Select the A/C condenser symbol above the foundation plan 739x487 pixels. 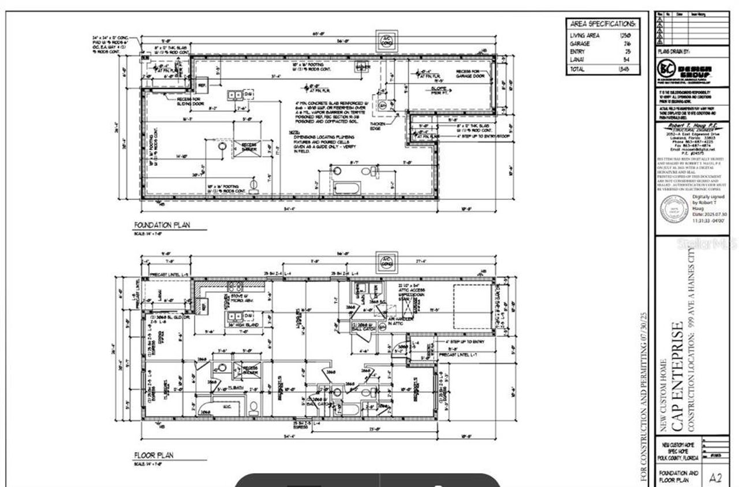(x=386, y=40)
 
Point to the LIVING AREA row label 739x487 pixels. (x=585, y=35)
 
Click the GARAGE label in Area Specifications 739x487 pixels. (x=580, y=43)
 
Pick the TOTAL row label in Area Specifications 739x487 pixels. (x=578, y=69)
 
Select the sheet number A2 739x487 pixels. (x=716, y=478)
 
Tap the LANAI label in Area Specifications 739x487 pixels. (x=578, y=60)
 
